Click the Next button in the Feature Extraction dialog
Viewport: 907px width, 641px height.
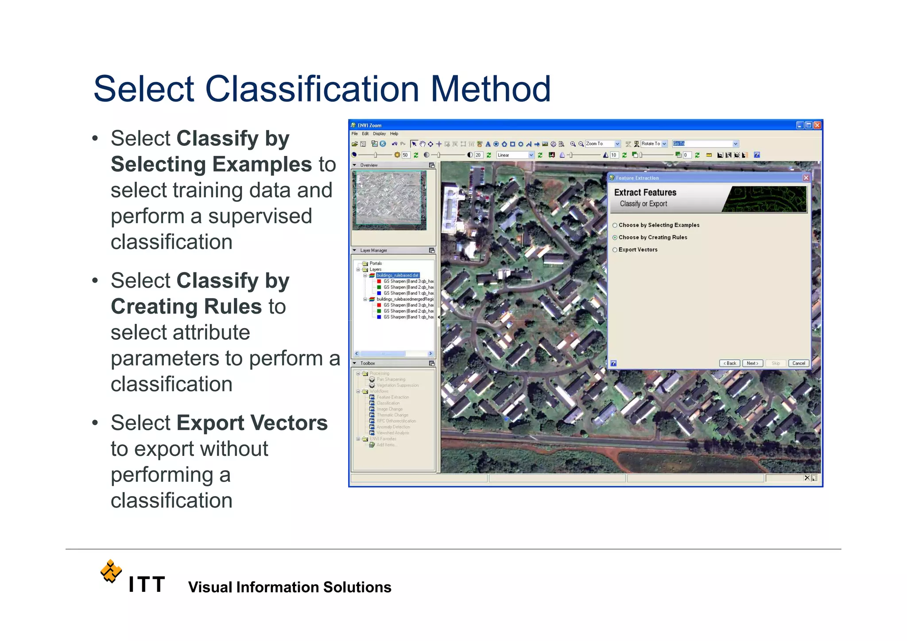click(x=752, y=363)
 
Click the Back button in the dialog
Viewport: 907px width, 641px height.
click(x=729, y=363)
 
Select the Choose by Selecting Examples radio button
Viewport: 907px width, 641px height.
click(x=615, y=225)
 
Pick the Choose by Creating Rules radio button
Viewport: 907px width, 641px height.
click(x=615, y=238)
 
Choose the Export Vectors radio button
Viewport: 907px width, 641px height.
click(x=615, y=250)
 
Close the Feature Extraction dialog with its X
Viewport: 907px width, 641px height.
click(x=806, y=178)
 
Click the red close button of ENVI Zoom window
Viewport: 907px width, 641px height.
click(x=818, y=125)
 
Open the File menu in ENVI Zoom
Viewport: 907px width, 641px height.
click(x=354, y=134)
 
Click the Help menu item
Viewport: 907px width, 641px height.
click(x=394, y=134)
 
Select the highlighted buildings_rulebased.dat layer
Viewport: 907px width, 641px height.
click(x=397, y=276)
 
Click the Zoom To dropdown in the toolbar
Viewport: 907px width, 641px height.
click(x=602, y=144)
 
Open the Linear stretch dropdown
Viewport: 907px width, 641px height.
click(x=515, y=155)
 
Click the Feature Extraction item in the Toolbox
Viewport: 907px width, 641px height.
click(x=392, y=397)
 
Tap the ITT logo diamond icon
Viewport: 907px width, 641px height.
click(x=111, y=571)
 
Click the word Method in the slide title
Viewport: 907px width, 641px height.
click(x=491, y=89)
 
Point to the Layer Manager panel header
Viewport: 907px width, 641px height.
click(x=373, y=251)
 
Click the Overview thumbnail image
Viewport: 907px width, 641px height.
click(x=389, y=200)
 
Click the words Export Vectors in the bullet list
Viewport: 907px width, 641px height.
click(x=252, y=423)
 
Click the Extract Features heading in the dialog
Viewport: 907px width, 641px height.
click(x=645, y=193)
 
